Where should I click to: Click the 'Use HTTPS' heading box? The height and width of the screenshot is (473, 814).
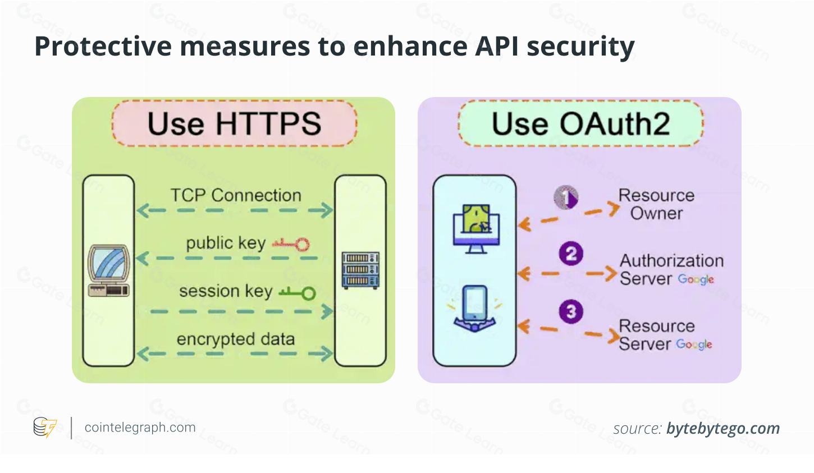pyautogui.click(x=234, y=123)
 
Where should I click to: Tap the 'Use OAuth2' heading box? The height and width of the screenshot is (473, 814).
pyautogui.click(x=580, y=123)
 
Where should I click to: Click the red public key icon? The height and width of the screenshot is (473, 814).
pyautogui.click(x=291, y=244)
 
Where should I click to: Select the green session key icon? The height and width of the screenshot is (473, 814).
pyautogui.click(x=298, y=292)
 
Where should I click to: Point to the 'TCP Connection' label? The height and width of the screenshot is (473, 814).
pyautogui.click(x=236, y=195)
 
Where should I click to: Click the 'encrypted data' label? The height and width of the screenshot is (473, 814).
pyautogui.click(x=235, y=339)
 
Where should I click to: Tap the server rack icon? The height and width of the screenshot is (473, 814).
pyautogui.click(x=360, y=270)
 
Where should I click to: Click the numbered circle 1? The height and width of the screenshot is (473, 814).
pyautogui.click(x=566, y=197)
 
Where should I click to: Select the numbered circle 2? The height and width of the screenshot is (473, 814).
pyautogui.click(x=571, y=254)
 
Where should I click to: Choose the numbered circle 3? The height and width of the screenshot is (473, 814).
pyautogui.click(x=571, y=311)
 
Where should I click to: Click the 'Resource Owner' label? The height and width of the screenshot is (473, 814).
pyautogui.click(x=656, y=204)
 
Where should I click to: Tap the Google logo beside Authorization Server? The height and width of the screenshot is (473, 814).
pyautogui.click(x=696, y=279)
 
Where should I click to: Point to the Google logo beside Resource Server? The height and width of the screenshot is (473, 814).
pyautogui.click(x=694, y=344)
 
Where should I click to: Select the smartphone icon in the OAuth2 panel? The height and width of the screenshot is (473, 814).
pyautogui.click(x=475, y=309)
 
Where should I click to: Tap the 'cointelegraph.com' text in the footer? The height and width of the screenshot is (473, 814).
pyautogui.click(x=140, y=428)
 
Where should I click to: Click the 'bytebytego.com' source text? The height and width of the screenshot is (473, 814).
pyautogui.click(x=722, y=429)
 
